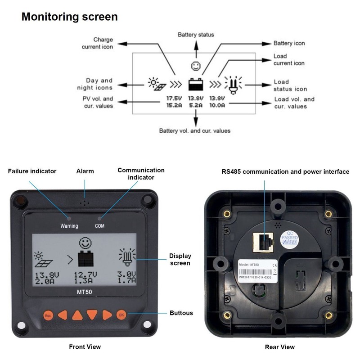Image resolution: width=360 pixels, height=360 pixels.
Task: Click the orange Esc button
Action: (x=48, y=315)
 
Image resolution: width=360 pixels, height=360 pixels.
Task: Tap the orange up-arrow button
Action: (x=77, y=315)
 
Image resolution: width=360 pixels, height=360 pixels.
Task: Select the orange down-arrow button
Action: (x=92, y=315)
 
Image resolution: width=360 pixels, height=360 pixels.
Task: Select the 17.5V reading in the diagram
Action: (x=173, y=98)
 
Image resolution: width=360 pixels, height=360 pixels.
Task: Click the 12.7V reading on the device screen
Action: (x=84, y=274)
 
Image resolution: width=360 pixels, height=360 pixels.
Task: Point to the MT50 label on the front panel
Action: (x=84, y=291)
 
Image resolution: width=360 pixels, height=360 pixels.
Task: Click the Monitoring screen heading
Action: (x=70, y=17)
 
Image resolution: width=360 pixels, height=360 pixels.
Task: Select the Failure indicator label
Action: (x=32, y=171)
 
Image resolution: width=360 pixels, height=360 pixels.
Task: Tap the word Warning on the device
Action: (x=69, y=226)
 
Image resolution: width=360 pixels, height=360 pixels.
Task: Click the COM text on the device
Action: (x=99, y=226)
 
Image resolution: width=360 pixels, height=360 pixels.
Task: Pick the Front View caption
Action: (x=85, y=346)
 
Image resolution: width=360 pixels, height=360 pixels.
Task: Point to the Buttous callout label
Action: (x=181, y=313)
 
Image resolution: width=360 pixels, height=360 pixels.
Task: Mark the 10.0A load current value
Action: (x=217, y=105)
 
